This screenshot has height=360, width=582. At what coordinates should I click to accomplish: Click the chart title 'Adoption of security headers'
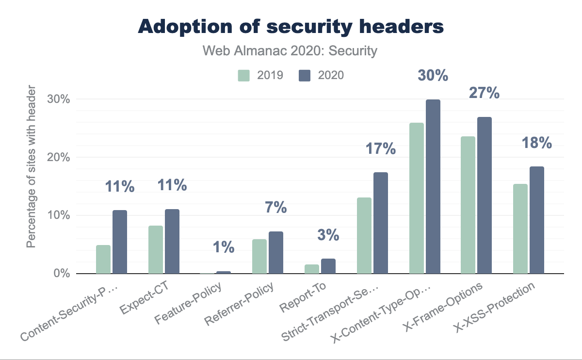pos(291,27)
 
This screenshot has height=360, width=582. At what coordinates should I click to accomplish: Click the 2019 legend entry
pos(260,75)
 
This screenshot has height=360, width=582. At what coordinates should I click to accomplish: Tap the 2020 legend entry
pos(321,75)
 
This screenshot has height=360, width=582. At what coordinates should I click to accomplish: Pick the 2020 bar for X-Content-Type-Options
pos(433,187)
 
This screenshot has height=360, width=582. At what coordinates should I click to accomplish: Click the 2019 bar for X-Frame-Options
pos(468,205)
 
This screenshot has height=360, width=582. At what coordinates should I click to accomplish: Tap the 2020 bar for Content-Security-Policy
pos(120,242)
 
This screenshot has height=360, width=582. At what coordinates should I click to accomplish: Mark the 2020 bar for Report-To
pos(328,266)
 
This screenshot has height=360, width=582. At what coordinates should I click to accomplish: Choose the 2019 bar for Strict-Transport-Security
pos(364,236)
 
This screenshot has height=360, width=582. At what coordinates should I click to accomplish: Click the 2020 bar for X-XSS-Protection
pos(537,220)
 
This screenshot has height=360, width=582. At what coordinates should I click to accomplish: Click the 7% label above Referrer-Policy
pos(276,208)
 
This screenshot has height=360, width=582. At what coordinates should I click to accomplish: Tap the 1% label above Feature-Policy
pos(224,248)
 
